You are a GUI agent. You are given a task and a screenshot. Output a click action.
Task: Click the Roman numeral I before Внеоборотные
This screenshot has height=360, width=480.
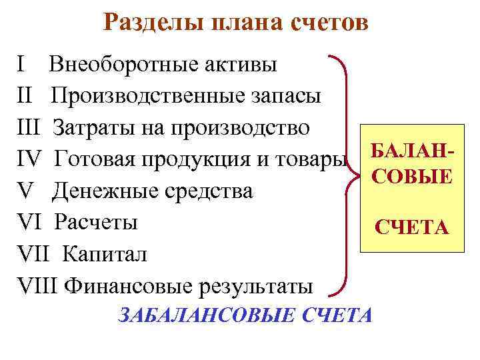21,65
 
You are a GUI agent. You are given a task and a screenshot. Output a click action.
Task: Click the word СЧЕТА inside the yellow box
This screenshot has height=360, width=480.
411,229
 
